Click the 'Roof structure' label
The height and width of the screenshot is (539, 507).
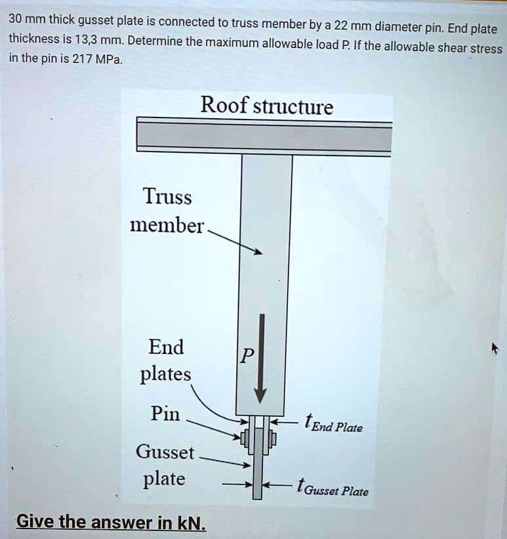click(266, 106)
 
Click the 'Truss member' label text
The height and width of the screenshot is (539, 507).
click(167, 211)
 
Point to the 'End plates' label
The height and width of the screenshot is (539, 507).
click(165, 360)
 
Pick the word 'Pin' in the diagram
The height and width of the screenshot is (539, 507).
click(165, 414)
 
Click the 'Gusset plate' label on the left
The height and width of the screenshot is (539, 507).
click(165, 465)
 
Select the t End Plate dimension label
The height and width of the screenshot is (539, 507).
click(333, 425)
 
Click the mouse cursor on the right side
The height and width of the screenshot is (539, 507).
click(495, 347)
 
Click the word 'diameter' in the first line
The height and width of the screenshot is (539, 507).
click(399, 28)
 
